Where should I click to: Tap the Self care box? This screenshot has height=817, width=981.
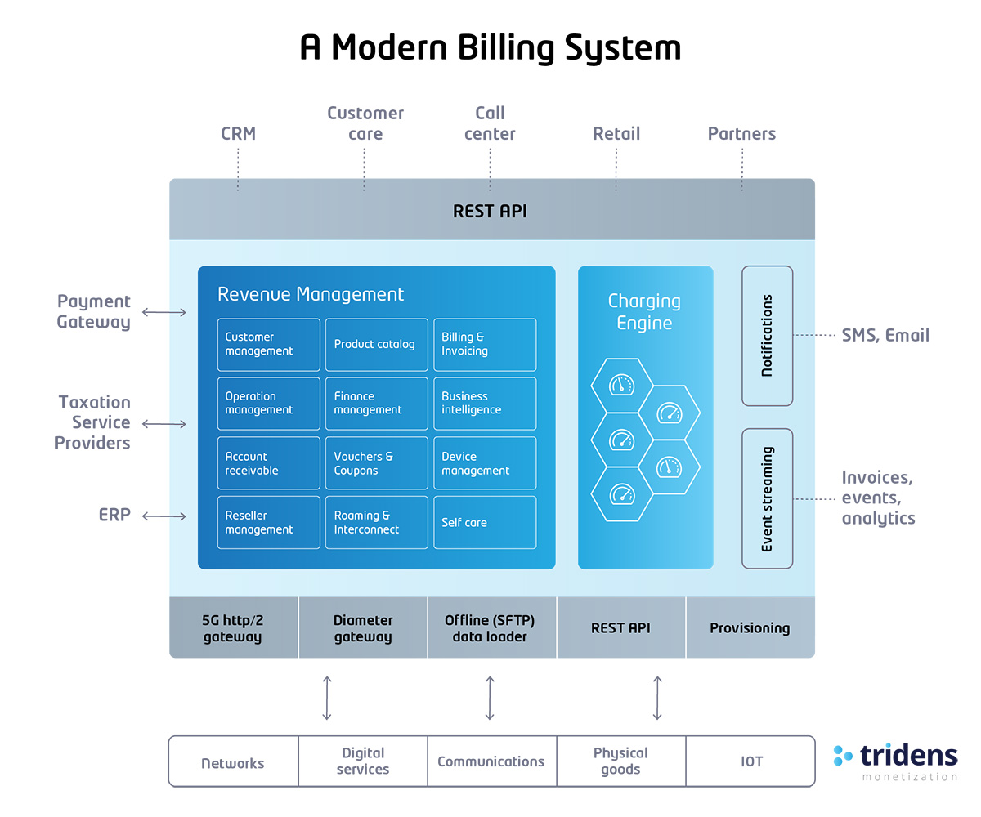coord(484,522)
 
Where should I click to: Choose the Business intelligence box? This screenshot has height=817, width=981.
coord(484,403)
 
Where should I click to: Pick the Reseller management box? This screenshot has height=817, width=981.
coord(268,522)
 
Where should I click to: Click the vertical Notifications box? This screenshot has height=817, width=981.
coord(767,336)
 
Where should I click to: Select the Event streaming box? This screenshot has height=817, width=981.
coord(767,498)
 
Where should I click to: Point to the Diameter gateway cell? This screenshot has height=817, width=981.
coord(363,628)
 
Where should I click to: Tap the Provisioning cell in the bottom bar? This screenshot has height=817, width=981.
coord(750,628)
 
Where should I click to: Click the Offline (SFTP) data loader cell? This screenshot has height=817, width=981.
coord(491,628)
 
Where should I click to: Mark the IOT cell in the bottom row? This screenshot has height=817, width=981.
coord(751,761)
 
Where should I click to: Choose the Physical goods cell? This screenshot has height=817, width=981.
coord(620,761)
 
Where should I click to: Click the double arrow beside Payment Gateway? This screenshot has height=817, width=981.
coord(163,312)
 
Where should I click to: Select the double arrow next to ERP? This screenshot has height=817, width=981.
coord(163,516)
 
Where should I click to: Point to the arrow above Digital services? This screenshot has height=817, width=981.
coord(327,698)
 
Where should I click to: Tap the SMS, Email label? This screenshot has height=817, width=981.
coord(885,335)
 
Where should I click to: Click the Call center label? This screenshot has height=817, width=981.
coord(490,123)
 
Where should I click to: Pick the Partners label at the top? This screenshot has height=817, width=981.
coord(741,134)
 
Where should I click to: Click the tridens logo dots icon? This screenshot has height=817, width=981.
coord(843,755)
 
